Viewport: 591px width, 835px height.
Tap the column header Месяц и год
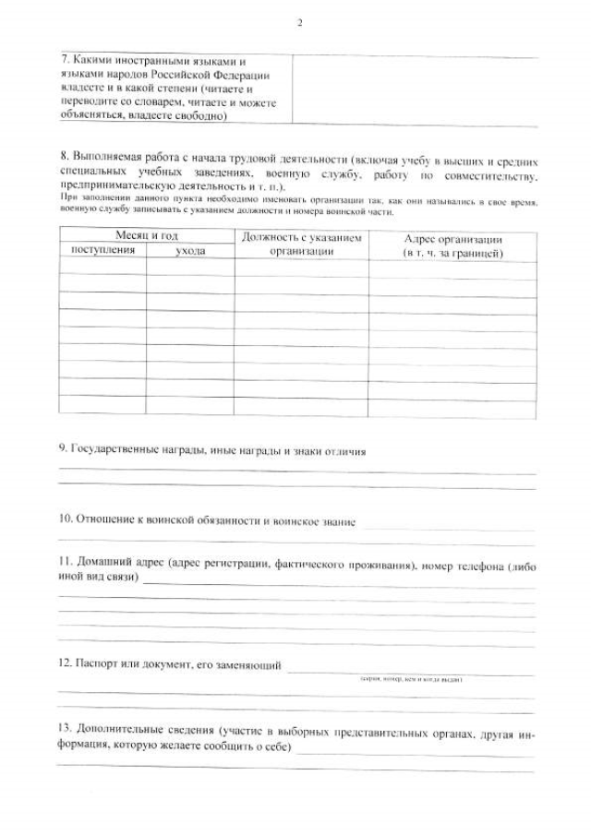[x=146, y=237]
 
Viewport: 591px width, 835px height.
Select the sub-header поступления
[x=103, y=250]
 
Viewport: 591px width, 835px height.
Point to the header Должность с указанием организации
[x=301, y=244]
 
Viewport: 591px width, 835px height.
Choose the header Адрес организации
[x=452, y=245]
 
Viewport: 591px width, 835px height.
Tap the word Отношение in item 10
[x=101, y=521]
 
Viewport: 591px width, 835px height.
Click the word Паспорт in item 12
[x=99, y=663]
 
